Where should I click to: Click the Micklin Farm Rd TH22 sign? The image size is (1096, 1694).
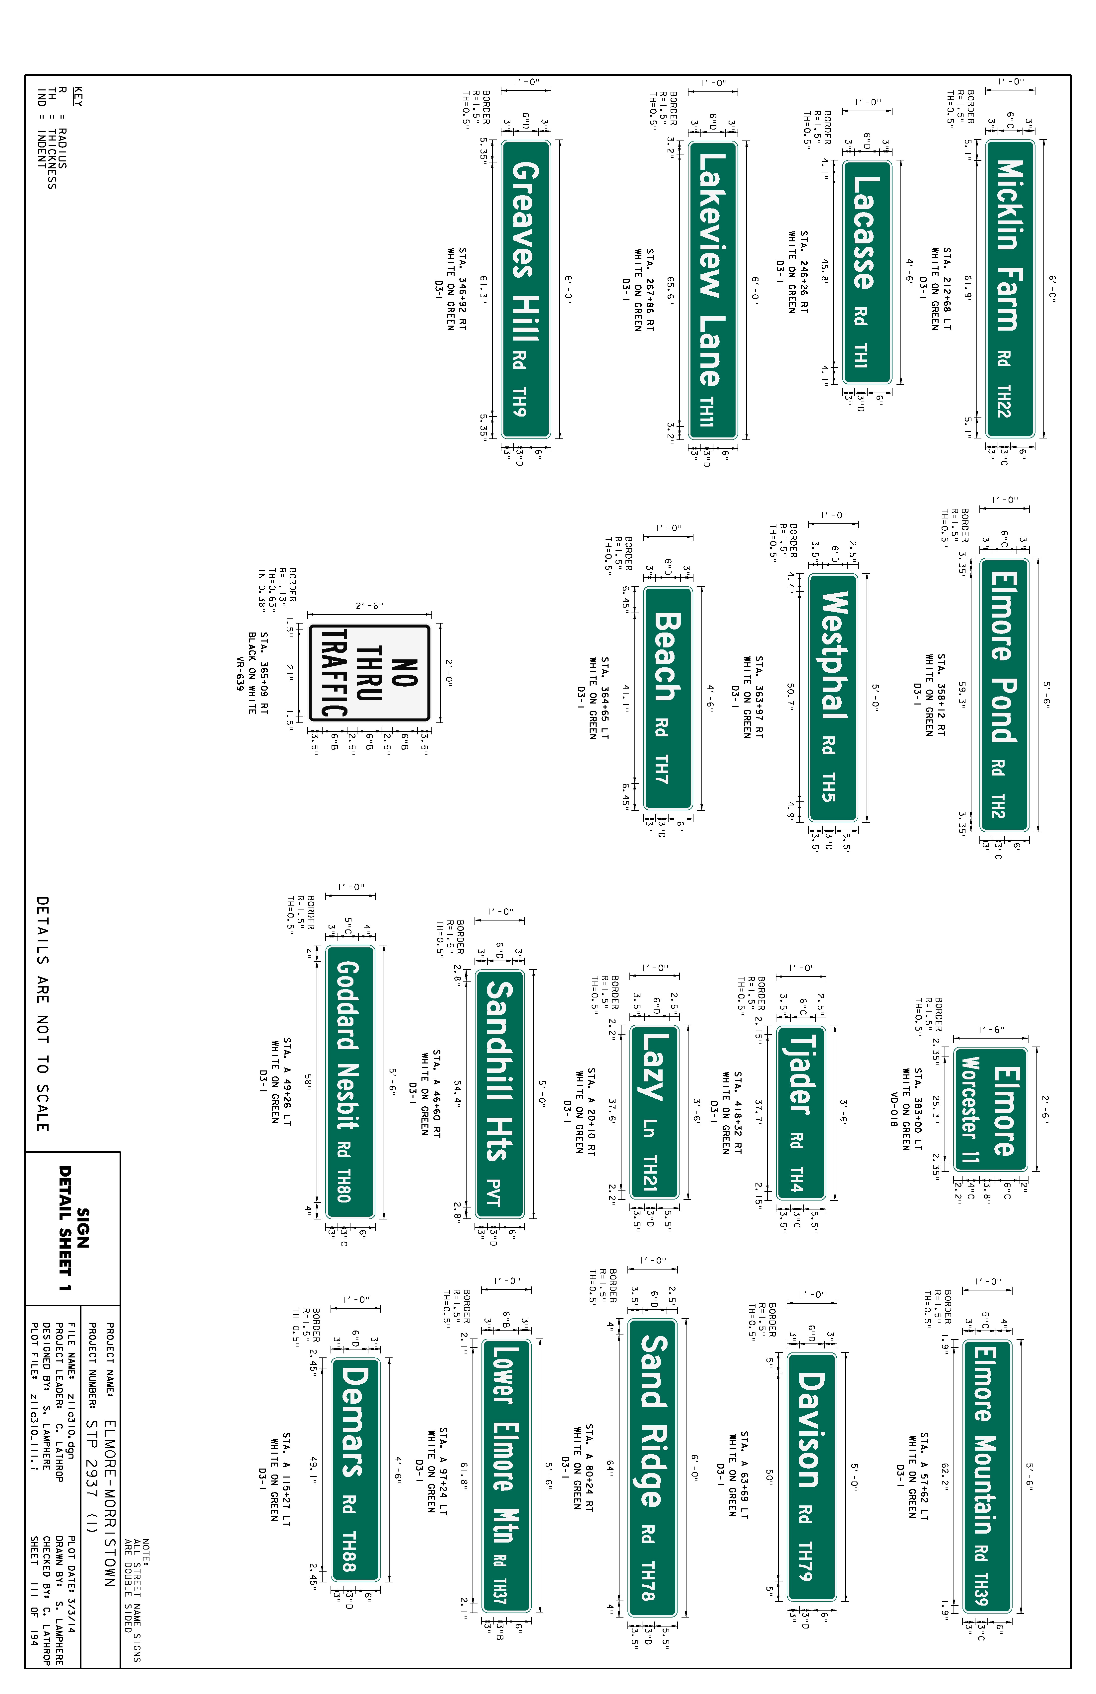(1010, 288)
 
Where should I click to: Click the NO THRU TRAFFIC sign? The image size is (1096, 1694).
(369, 673)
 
